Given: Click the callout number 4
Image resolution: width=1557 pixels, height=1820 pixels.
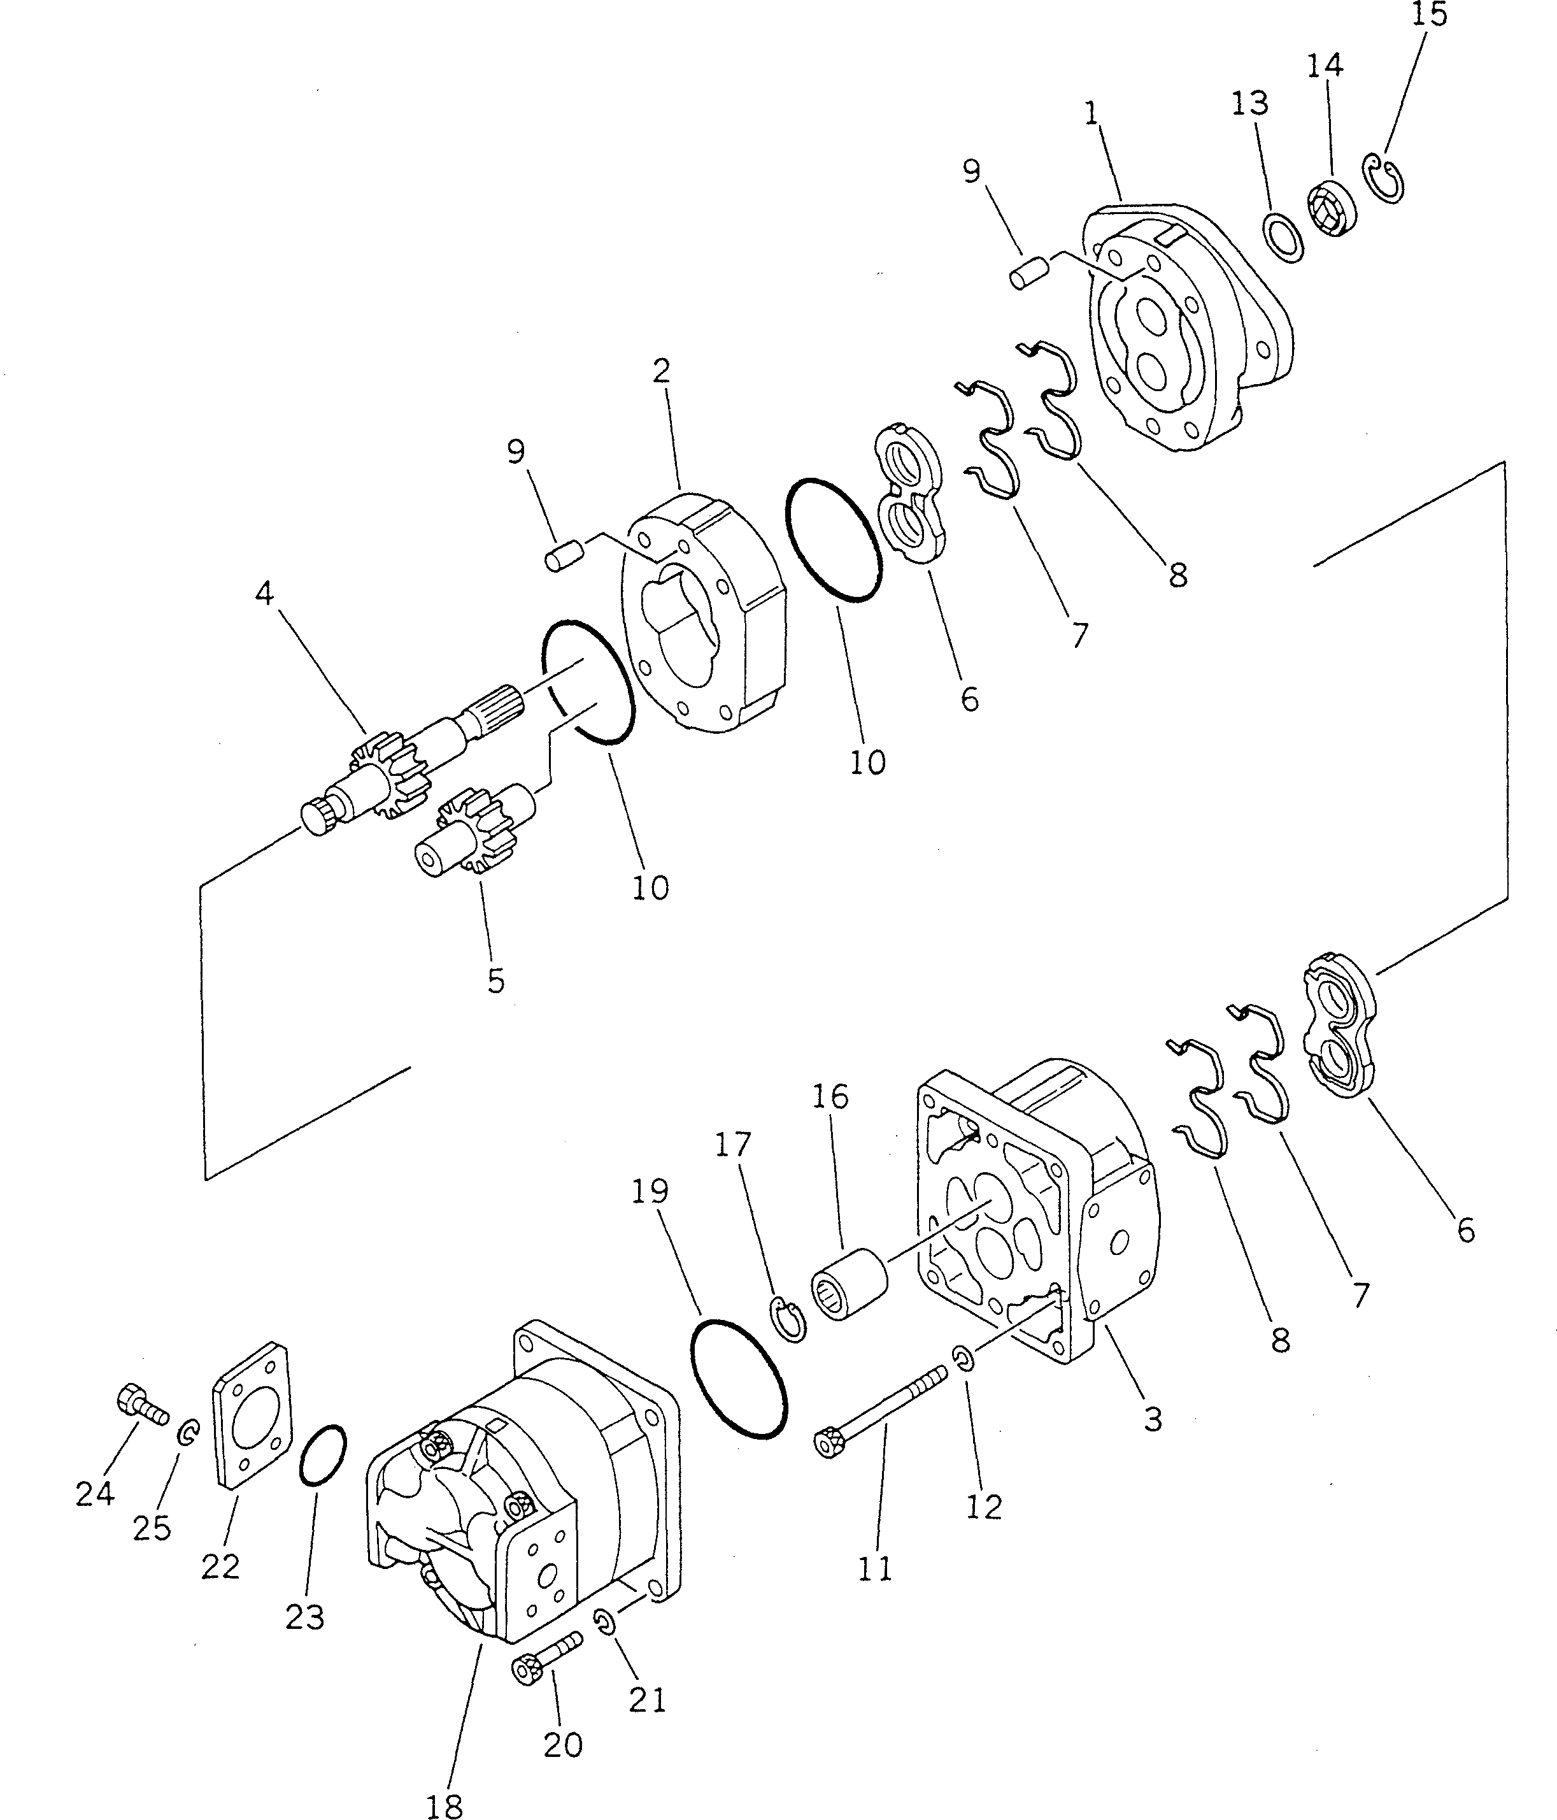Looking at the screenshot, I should [264, 594].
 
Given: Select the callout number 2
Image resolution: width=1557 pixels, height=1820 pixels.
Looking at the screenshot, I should [661, 371].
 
